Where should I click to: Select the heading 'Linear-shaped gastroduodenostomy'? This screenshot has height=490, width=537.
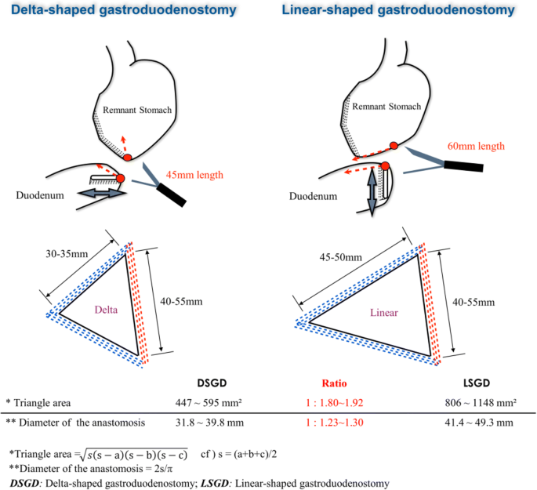[401, 10]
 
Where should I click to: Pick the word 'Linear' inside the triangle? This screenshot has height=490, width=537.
[384, 312]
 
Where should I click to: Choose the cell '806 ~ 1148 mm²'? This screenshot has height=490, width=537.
[477, 403]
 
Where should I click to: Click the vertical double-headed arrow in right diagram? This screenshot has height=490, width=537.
[372, 193]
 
